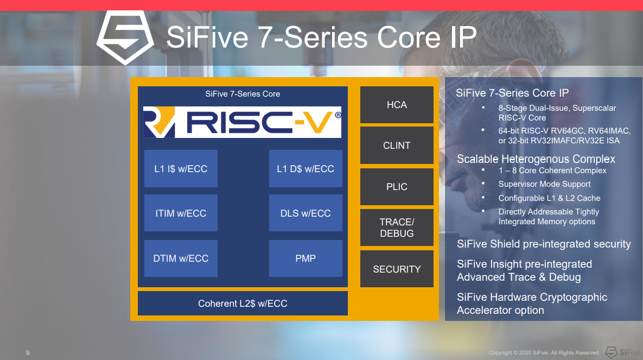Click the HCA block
(x=397, y=105)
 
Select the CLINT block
(x=397, y=146)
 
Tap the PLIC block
(x=397, y=187)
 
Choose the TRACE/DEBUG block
(x=397, y=228)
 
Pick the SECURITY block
(x=397, y=269)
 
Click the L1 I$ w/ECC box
(x=181, y=169)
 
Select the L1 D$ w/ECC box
(x=305, y=169)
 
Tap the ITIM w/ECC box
(x=181, y=213)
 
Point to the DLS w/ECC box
(x=305, y=213)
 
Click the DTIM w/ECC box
(x=181, y=258)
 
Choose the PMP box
(x=305, y=258)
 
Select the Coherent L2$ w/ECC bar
(x=243, y=304)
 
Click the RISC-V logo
(x=243, y=122)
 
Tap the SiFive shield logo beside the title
(x=125, y=37)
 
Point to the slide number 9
(x=28, y=352)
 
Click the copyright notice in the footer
(x=544, y=352)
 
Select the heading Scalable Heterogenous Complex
(x=536, y=159)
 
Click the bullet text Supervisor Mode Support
(x=545, y=184)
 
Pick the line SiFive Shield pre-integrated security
(x=544, y=244)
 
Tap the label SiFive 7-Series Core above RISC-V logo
(x=243, y=94)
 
